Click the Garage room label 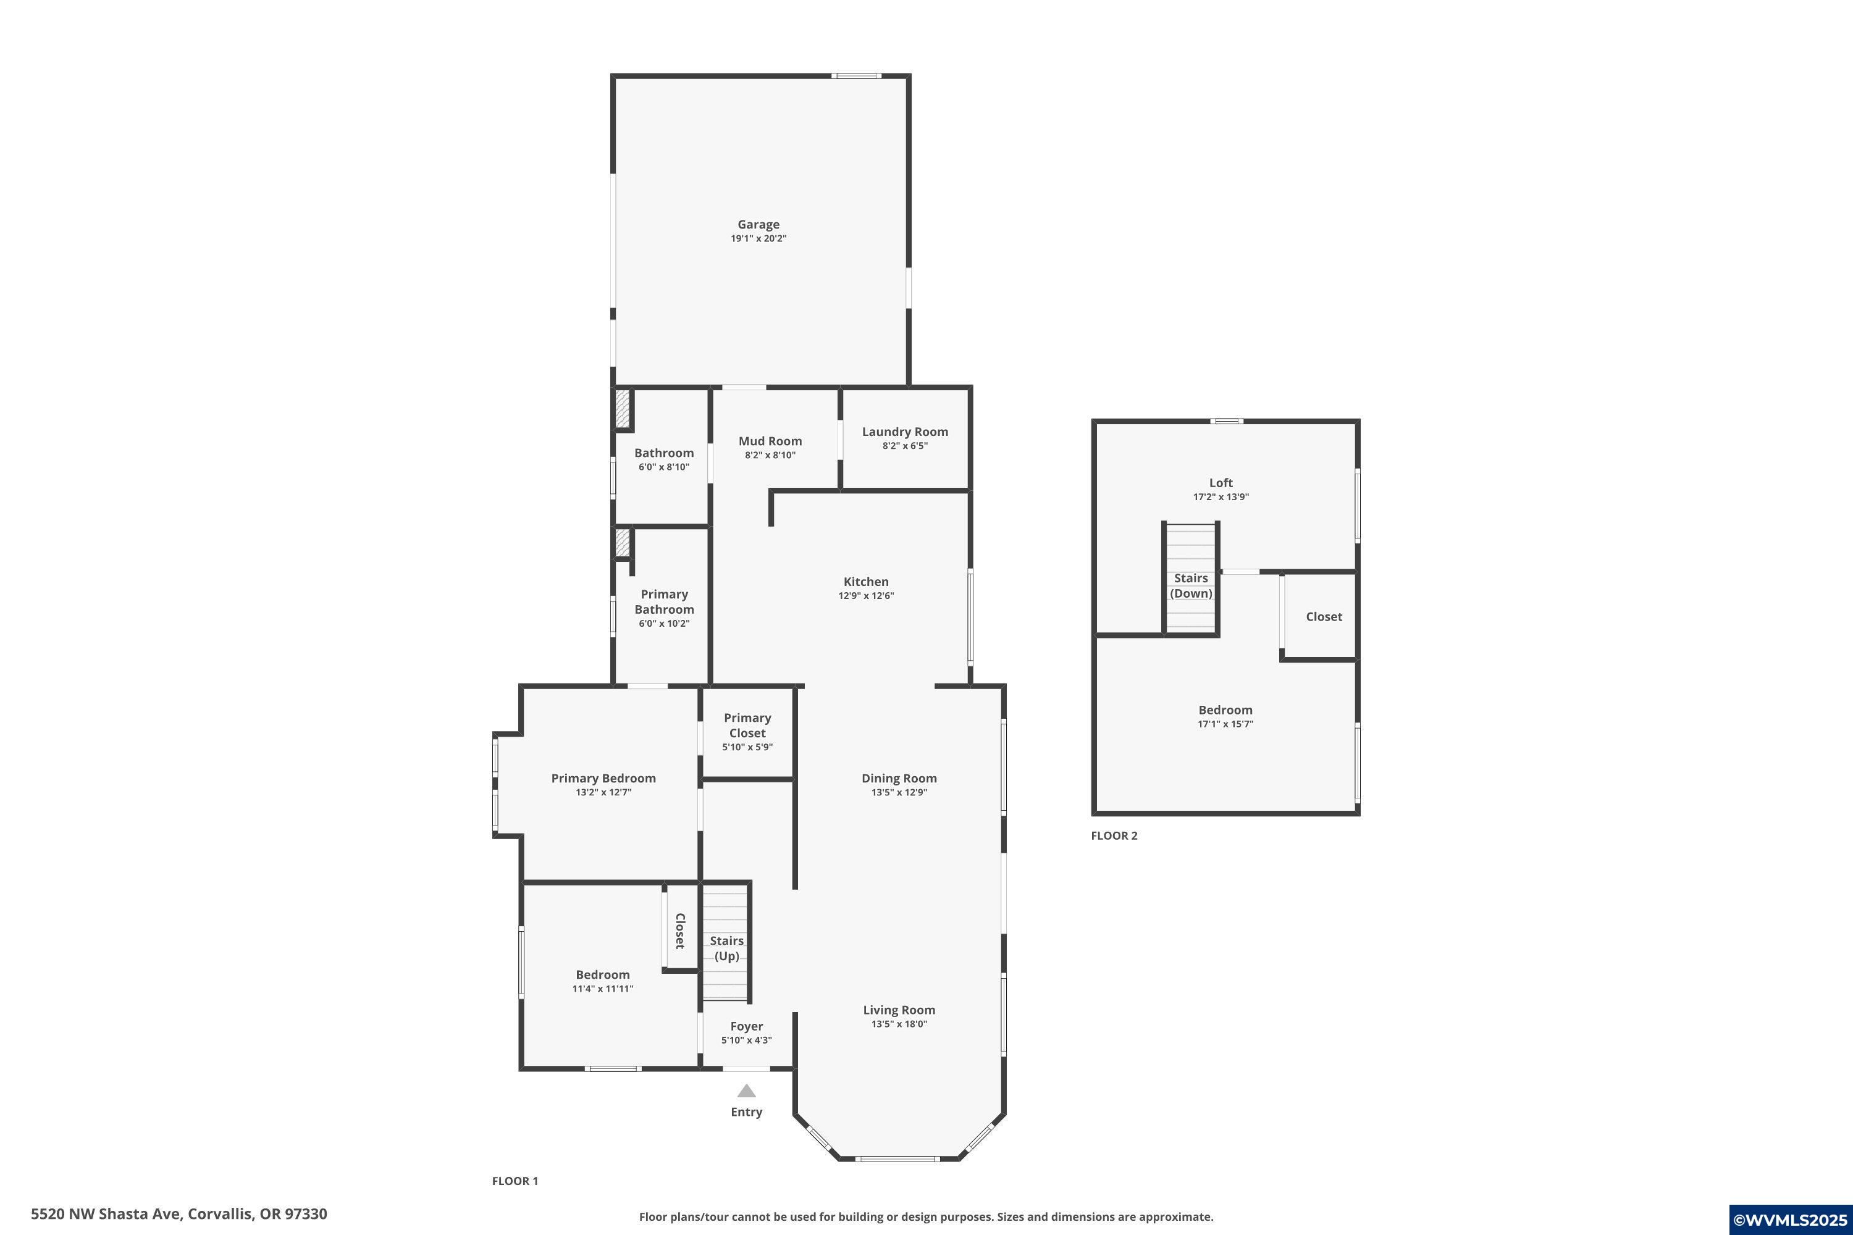[x=758, y=225]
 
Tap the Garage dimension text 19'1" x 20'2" [x=758, y=238]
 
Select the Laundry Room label [x=904, y=432]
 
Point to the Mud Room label [x=770, y=441]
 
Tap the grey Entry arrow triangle [x=746, y=1092]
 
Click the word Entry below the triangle [x=746, y=1112]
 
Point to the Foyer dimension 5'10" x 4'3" [x=746, y=1040]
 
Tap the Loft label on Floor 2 [x=1221, y=483]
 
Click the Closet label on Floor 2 [x=1324, y=617]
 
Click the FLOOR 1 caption [x=515, y=1181]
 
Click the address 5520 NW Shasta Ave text [x=179, y=1214]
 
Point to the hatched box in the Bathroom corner [x=623, y=409]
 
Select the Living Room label [x=899, y=1010]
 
